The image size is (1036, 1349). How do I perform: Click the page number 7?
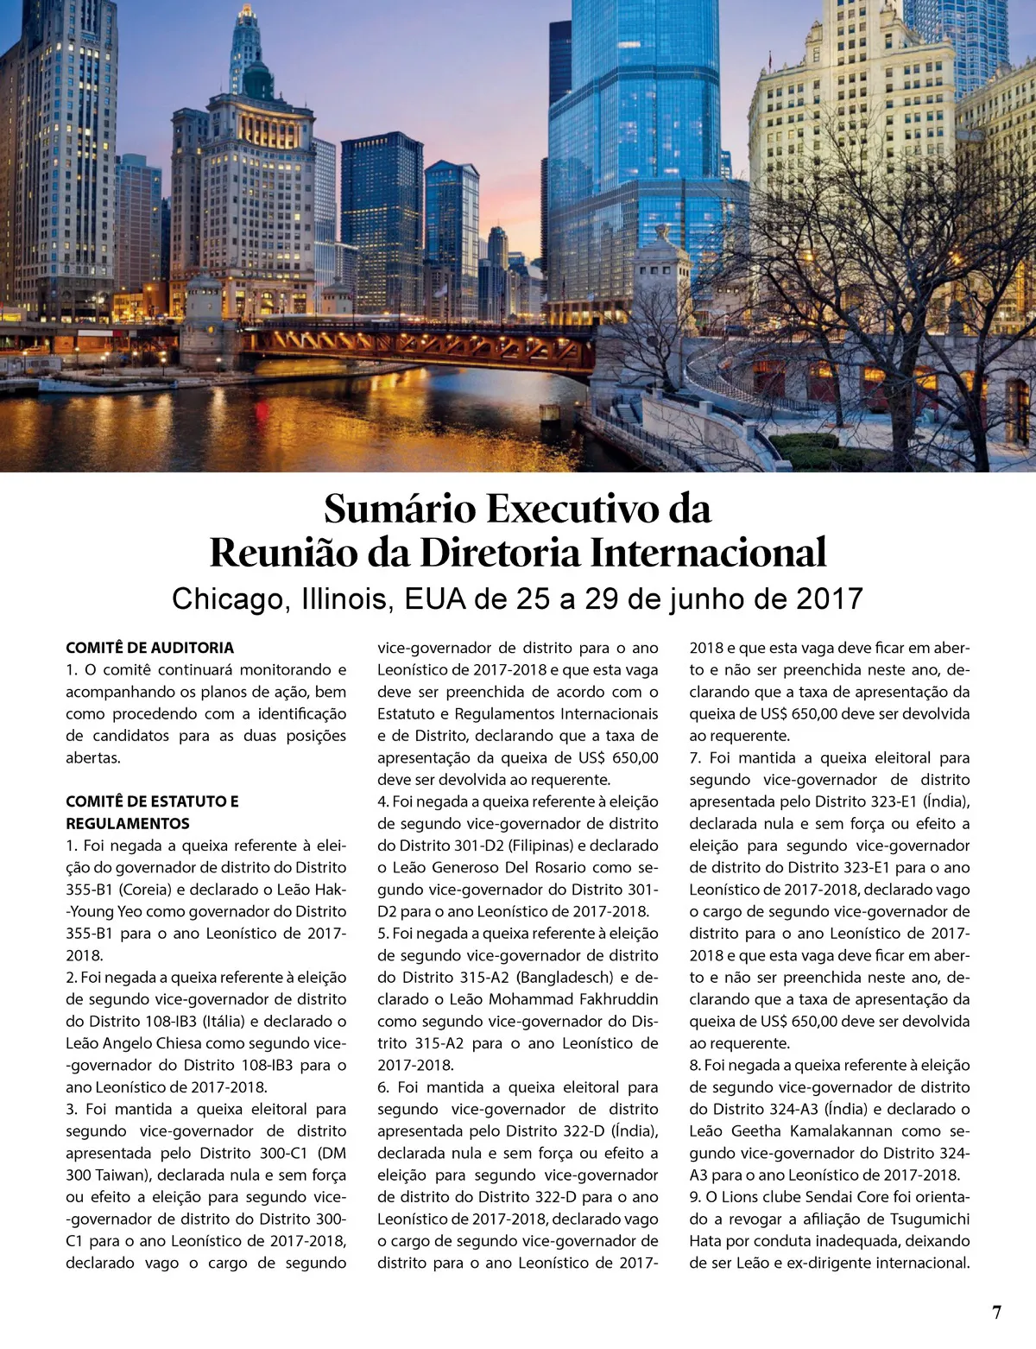point(997,1313)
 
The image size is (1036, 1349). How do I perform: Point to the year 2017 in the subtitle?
point(830,598)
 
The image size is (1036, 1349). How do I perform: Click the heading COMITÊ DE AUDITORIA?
point(149,648)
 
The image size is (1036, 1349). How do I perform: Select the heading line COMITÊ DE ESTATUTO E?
point(152,801)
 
